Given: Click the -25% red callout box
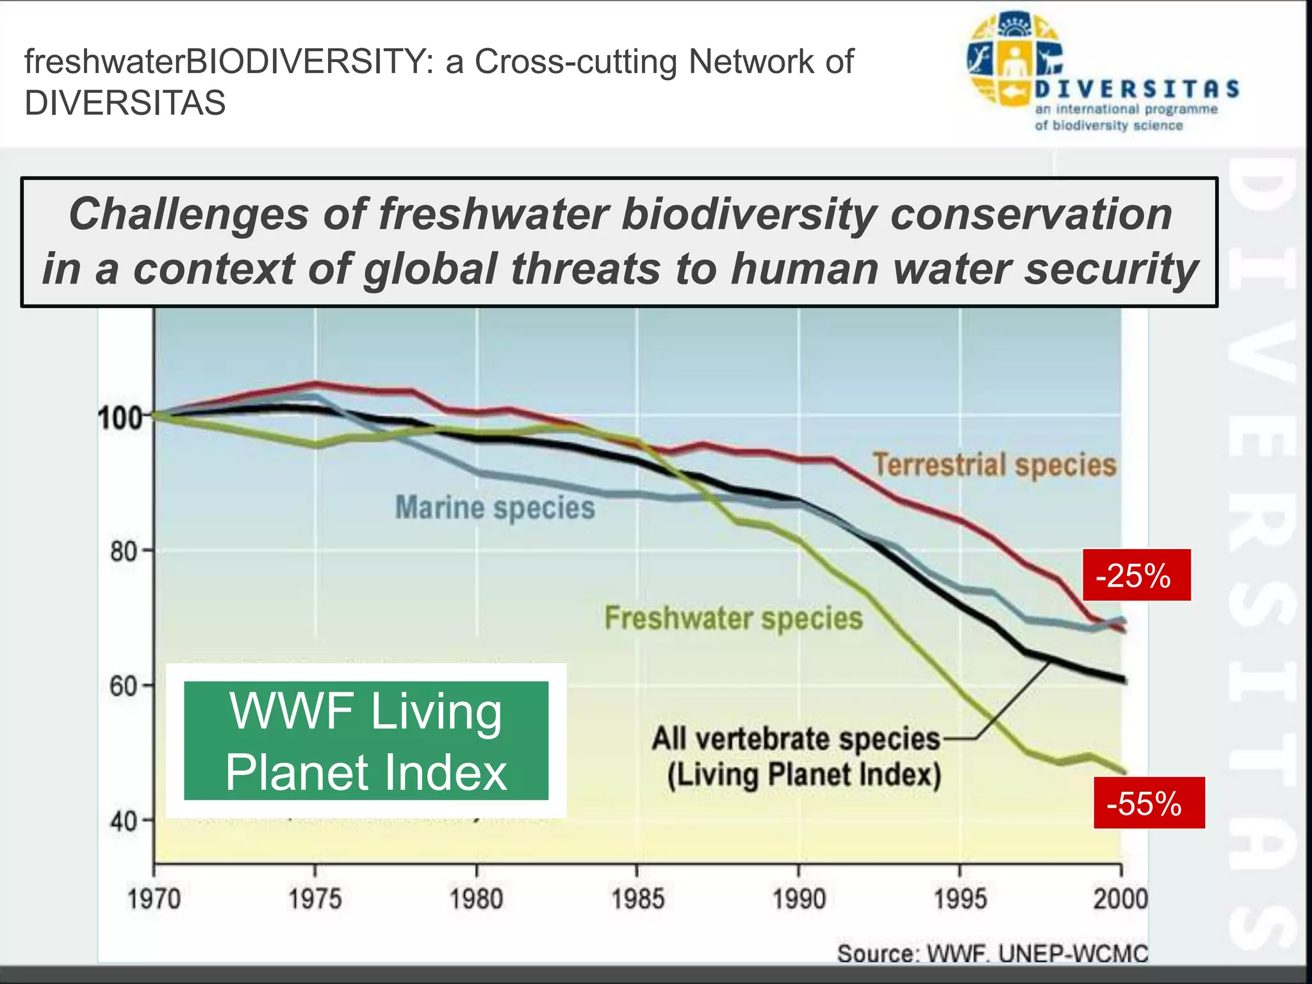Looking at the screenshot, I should [x=1136, y=575].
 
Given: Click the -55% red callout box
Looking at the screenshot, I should [x=1149, y=803].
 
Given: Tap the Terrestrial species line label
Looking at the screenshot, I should [x=994, y=465].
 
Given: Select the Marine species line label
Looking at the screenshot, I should [x=495, y=508].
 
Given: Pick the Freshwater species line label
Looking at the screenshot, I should [x=734, y=618].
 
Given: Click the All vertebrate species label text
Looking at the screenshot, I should [x=796, y=739].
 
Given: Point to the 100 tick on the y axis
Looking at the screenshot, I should [x=120, y=418].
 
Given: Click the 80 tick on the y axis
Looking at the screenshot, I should [x=124, y=551].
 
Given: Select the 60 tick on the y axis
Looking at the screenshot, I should [x=124, y=686].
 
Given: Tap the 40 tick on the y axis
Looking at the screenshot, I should [x=124, y=821].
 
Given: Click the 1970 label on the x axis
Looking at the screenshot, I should [x=154, y=899].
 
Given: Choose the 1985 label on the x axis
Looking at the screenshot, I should [x=637, y=899].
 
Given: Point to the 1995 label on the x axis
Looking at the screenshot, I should [x=960, y=899].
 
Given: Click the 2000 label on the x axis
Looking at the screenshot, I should [x=1120, y=899].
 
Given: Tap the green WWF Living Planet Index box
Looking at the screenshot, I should [x=366, y=741].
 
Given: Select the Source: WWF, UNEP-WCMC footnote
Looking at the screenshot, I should [x=992, y=953].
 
